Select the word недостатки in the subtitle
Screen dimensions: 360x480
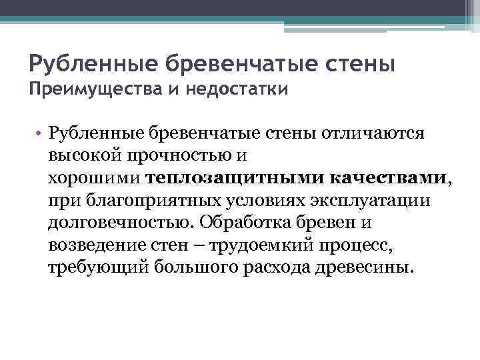coord(239,89)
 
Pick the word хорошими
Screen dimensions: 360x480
coord(94,178)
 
